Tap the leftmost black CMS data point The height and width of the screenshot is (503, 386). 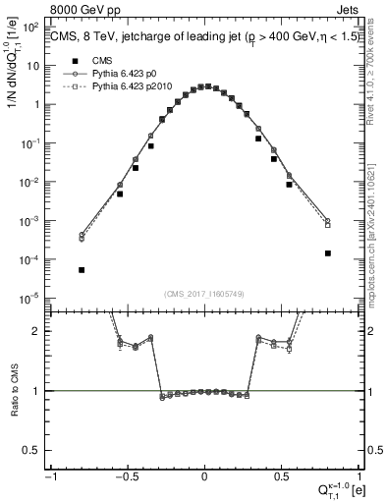[82, 269]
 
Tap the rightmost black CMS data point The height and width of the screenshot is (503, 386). [328, 252]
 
